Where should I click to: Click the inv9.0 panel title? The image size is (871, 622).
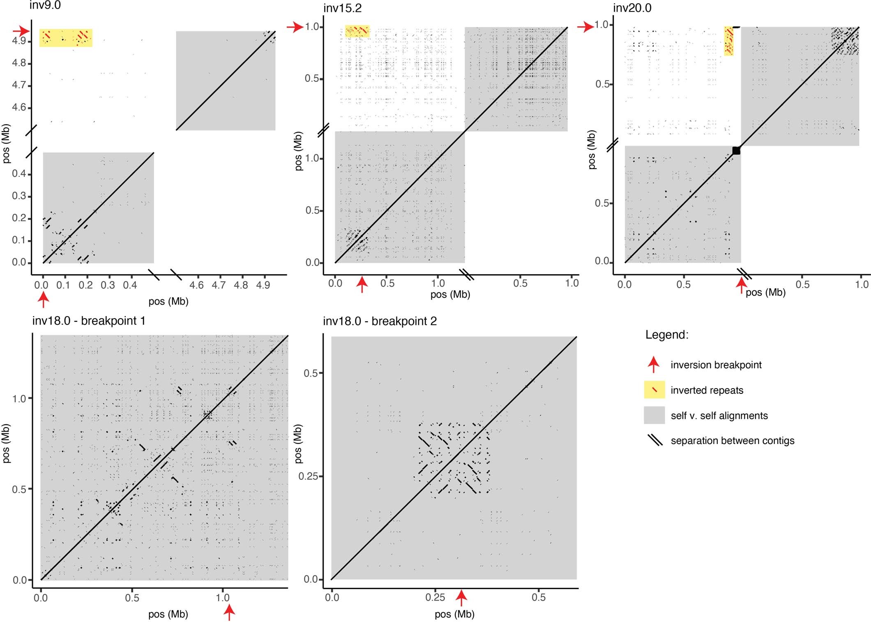tap(45, 6)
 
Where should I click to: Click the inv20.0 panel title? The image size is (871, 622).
tap(632, 8)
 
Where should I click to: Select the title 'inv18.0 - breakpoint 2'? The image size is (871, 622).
tap(380, 321)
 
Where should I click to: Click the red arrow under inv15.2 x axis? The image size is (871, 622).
tap(362, 284)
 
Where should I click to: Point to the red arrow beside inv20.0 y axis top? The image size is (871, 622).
tap(585, 28)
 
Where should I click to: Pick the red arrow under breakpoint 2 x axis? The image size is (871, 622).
tap(462, 598)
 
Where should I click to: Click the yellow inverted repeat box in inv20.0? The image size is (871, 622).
tap(728, 41)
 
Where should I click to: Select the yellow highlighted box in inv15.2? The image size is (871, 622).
tap(357, 31)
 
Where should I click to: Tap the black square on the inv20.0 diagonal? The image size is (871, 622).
tap(736, 150)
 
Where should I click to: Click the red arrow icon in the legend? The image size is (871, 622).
tap(654, 365)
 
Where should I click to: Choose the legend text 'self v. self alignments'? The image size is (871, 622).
tap(719, 416)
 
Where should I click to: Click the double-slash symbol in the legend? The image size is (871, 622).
tap(655, 440)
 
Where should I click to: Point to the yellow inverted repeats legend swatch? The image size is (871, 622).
tap(654, 390)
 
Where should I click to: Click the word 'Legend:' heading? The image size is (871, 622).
tap(666, 335)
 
